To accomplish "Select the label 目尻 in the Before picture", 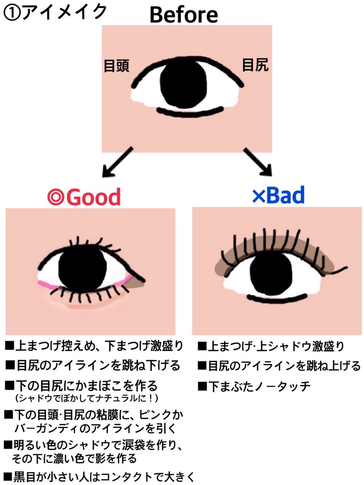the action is (255, 65).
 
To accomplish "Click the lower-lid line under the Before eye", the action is (190, 111).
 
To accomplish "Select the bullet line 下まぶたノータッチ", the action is (255, 386).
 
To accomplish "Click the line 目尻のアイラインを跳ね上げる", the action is (279, 366).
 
